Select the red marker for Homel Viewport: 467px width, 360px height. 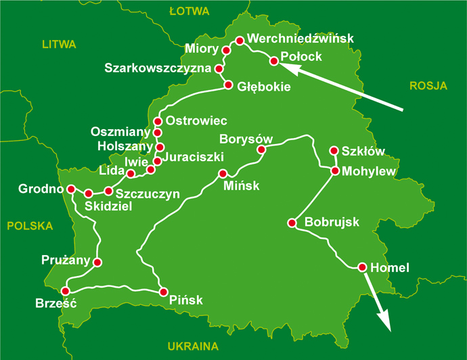click(x=363, y=267)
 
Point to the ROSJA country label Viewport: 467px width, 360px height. click(x=429, y=85)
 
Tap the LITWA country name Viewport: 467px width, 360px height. click(x=59, y=45)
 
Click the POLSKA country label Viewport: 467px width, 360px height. click(x=30, y=226)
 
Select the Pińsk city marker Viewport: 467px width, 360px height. click(x=163, y=292)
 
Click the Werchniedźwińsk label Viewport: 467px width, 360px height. click(x=301, y=39)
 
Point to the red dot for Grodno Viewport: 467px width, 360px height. click(x=68, y=189)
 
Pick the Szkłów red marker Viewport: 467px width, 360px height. click(x=333, y=150)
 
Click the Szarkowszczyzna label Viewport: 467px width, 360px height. click(x=158, y=68)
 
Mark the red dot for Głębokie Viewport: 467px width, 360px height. click(x=228, y=85)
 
